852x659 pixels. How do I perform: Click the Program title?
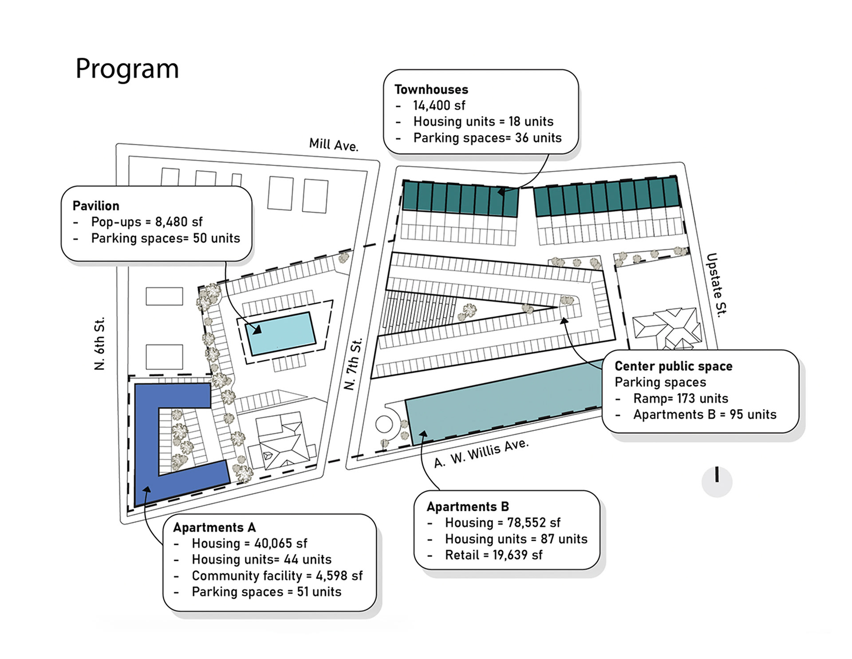point(127,69)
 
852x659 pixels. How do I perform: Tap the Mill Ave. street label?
point(334,144)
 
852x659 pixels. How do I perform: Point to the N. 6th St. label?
point(100,343)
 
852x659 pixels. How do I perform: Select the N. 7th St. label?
point(353,364)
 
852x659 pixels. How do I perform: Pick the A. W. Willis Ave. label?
point(481,453)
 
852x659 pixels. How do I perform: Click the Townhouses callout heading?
point(431,90)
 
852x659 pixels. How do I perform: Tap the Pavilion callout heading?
point(96,206)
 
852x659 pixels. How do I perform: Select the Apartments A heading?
point(214,528)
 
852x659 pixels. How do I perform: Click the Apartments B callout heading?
point(468,507)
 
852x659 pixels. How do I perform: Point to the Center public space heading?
point(673,366)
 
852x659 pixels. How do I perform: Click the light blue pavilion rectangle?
point(281,333)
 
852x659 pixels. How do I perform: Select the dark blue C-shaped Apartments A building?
point(146,444)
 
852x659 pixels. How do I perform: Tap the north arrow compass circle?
point(717,481)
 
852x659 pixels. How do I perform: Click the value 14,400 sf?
point(439,106)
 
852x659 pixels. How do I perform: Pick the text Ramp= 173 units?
point(680,398)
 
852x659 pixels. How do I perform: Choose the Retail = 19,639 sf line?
point(493,555)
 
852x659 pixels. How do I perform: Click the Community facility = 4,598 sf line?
point(277,576)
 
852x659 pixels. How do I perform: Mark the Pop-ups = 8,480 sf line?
point(147,222)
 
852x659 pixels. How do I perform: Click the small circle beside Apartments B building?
point(384,424)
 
